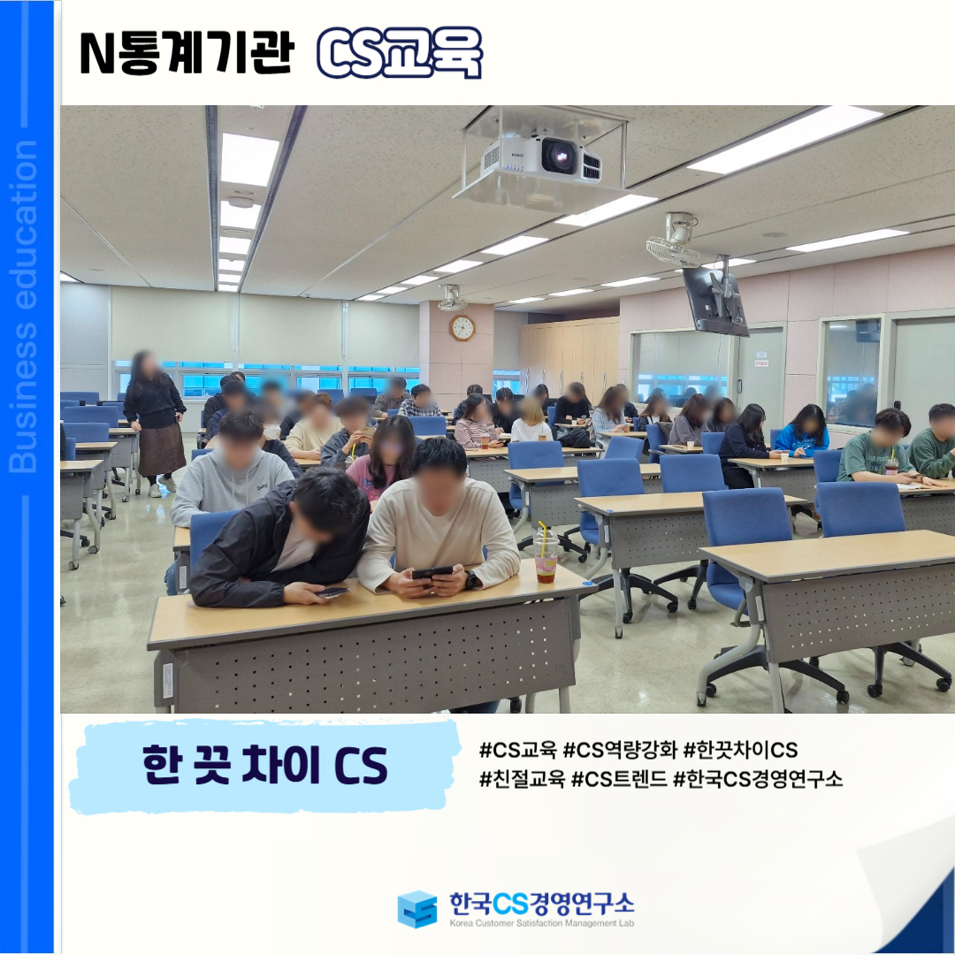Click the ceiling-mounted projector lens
click(559, 156)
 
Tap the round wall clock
click(462, 328)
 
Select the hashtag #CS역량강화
click(620, 750)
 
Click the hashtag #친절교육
click(522, 778)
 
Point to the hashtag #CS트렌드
click(619, 778)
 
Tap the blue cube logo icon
click(417, 909)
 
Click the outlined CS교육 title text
click(400, 53)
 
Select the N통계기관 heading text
click(187, 53)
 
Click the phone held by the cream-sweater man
click(432, 572)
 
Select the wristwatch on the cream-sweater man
click(472, 579)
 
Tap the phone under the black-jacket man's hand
click(332, 592)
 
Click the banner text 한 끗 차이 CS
click(264, 765)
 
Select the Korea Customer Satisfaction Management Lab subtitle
click(541, 923)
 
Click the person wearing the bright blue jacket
click(802, 432)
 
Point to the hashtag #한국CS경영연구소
click(758, 778)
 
